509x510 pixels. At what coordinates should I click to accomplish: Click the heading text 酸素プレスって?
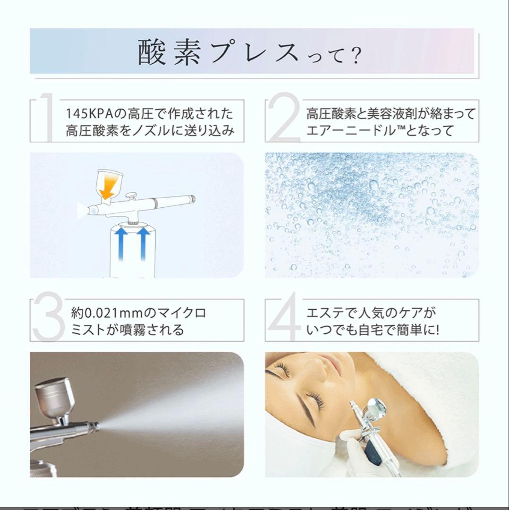point(250,52)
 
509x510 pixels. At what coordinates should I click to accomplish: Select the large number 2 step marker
point(283,119)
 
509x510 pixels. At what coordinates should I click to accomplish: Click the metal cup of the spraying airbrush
point(54,397)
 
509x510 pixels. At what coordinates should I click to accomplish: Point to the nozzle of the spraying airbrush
point(94,425)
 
